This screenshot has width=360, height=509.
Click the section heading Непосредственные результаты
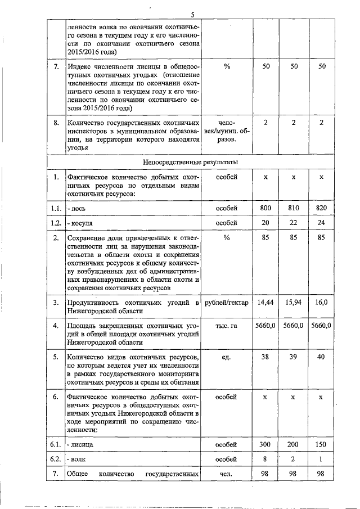tap(191, 162)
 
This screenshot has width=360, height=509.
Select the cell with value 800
tap(265, 208)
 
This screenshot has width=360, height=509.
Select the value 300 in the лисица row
tap(265, 444)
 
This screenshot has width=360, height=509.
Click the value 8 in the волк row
tap(265, 459)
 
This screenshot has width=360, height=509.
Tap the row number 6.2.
tap(55, 459)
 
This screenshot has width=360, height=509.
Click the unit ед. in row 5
tap(227, 357)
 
